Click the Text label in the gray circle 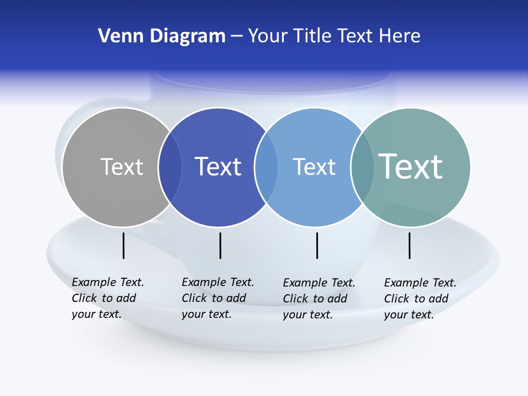[122, 167]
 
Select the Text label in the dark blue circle [218, 167]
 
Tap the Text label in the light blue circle [314, 167]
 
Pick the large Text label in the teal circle [411, 166]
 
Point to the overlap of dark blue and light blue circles [266, 167]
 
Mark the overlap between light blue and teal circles [362, 167]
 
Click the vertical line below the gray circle [123, 245]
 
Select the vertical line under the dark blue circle [220, 245]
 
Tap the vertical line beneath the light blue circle [317, 245]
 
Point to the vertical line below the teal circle [410, 245]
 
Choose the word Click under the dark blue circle [194, 298]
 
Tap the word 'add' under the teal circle [439, 299]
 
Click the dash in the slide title [237, 37]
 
